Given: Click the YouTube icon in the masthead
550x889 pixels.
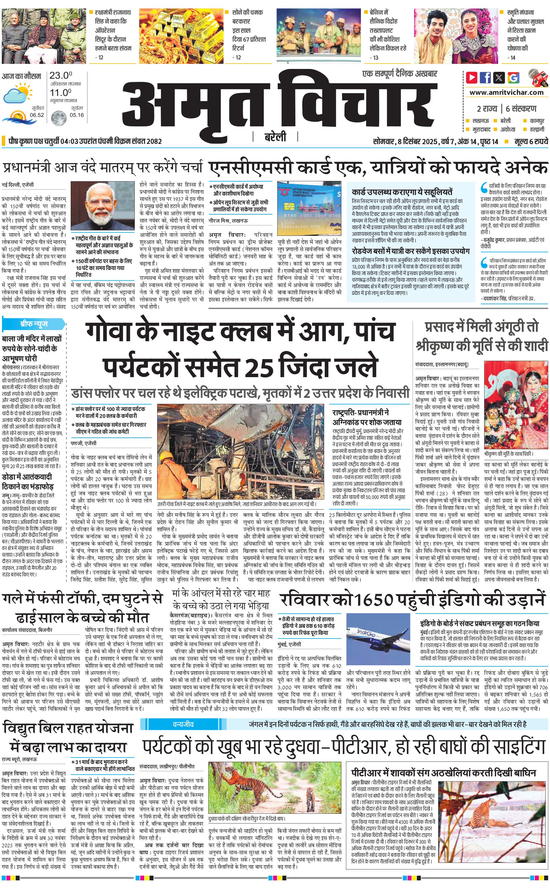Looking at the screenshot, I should [x=472, y=78].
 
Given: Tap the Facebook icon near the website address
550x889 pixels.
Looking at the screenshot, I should [x=485, y=78].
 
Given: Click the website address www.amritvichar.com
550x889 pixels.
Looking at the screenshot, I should [x=506, y=92].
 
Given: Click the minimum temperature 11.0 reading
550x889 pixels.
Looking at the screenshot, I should [x=60, y=92].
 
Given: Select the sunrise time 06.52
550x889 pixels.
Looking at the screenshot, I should [x=37, y=115].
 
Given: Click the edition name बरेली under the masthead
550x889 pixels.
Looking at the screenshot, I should [x=275, y=137].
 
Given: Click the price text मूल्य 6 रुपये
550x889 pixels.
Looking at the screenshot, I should [x=531, y=141].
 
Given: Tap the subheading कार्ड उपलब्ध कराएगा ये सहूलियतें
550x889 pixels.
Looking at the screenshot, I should [x=402, y=192].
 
